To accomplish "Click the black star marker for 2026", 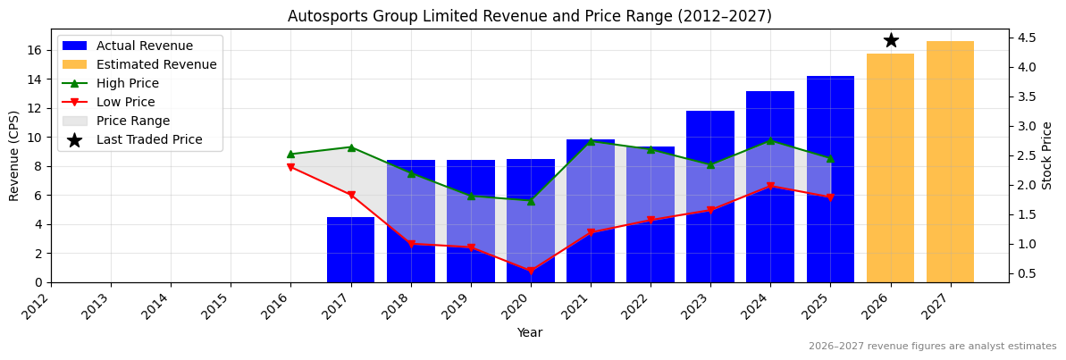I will tap(891, 40).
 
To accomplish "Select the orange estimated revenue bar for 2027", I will tap(950, 162).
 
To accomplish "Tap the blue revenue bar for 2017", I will tap(350, 249).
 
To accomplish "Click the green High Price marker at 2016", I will tap(290, 154).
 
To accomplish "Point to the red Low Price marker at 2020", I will tap(531, 271).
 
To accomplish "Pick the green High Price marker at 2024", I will tap(770, 140).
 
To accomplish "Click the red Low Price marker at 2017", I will tap(350, 195).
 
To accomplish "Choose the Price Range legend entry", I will tap(133, 121).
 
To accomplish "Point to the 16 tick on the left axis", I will tap(36, 50).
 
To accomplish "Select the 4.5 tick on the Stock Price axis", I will tap(1027, 38).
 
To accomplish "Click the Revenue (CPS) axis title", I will tap(14, 155).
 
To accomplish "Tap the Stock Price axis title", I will tap(1047, 155).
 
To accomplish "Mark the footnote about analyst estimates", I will tap(932, 347).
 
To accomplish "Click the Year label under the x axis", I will tap(529, 333).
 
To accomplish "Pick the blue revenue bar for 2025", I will tap(830, 179).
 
